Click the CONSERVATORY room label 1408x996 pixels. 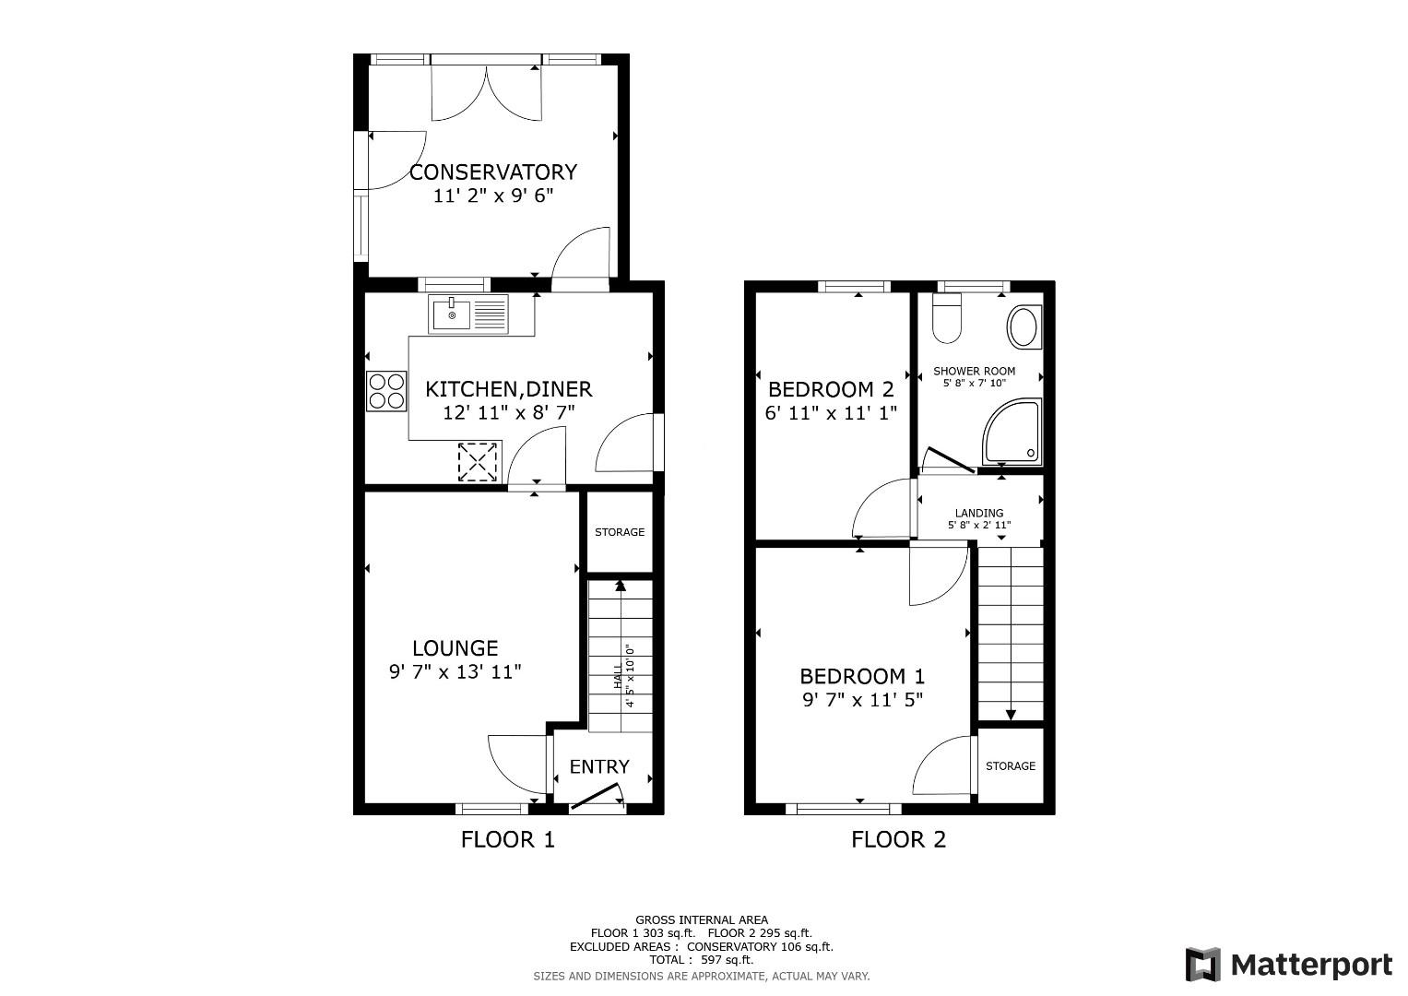492,172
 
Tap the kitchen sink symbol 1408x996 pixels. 468,314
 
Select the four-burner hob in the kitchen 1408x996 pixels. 386,391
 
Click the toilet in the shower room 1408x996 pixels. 947,319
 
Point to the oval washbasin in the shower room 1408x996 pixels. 1024,327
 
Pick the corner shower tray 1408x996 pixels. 1012,432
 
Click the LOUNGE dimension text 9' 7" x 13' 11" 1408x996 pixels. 456,672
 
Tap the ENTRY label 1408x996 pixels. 599,766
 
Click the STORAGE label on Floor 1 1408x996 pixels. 620,532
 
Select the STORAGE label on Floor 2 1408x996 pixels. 1010,765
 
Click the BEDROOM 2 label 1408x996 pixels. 831,390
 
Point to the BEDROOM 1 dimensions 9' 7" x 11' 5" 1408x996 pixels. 862,700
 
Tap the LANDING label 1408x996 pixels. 979,513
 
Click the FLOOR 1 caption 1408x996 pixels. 508,839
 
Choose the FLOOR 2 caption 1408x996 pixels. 898,839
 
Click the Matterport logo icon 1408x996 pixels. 1202,965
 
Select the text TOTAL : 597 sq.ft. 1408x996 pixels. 702,959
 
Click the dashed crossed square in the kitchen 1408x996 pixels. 478,462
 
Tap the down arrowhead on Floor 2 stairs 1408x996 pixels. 1011,715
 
